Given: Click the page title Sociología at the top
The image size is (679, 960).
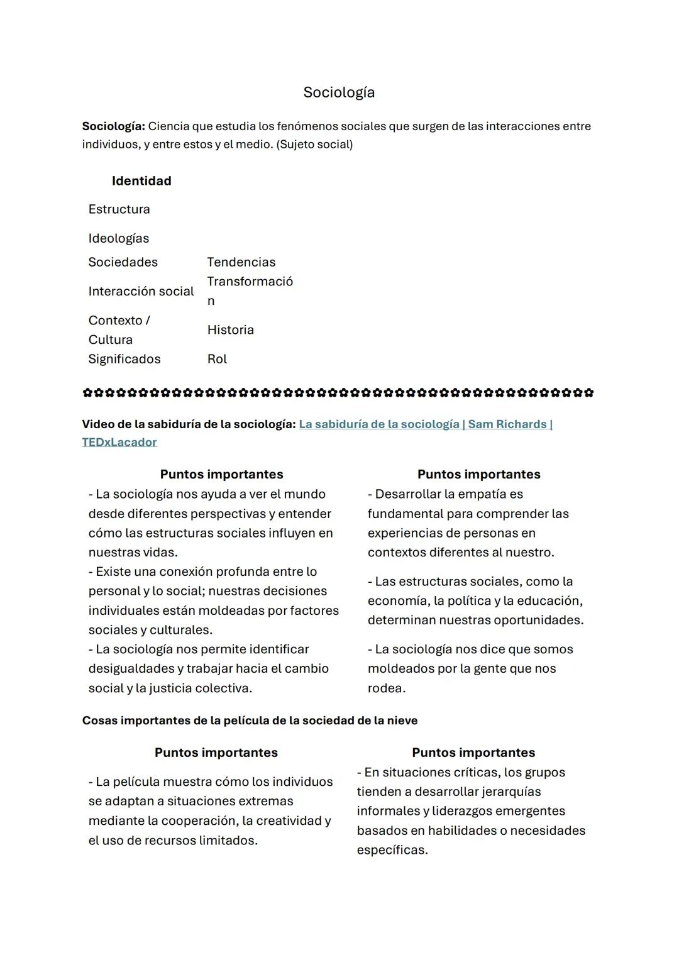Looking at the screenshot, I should [339, 92].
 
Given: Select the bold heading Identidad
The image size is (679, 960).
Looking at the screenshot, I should [141, 181].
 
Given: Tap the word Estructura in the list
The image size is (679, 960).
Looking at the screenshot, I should [119, 209].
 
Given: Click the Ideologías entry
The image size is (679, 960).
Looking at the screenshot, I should [119, 238].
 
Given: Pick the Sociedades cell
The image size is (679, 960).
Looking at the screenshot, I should [123, 262].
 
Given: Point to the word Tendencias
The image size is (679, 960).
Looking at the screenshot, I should [241, 262].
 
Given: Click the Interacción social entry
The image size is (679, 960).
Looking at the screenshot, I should [141, 291].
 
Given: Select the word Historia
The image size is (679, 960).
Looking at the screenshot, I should [230, 330].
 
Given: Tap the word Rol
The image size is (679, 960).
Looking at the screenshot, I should [217, 359].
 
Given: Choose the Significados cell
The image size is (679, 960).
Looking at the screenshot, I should [124, 359].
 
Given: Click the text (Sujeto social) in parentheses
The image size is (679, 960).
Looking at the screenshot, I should [314, 145].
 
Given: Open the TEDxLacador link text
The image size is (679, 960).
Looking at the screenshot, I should [119, 442].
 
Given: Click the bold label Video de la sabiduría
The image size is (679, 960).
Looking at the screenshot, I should [188, 424].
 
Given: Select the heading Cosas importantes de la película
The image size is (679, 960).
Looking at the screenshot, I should [250, 720].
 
